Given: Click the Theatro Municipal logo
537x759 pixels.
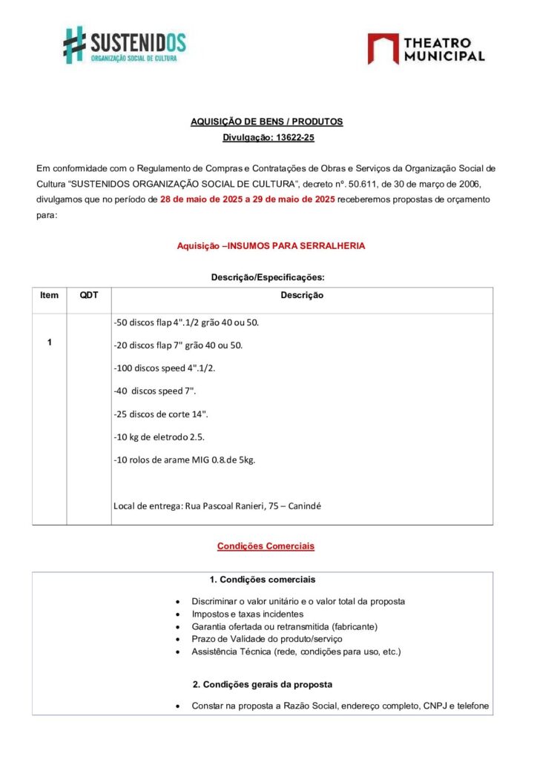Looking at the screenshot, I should pos(426,48).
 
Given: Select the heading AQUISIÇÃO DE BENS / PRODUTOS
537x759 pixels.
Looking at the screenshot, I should pos(266,122).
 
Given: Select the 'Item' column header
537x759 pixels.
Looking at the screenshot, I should pos(49,295).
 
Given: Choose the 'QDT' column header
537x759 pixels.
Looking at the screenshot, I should pos(89,295).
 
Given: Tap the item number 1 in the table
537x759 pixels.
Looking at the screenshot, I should pos(49,342).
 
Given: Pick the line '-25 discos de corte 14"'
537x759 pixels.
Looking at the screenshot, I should pos(161,414).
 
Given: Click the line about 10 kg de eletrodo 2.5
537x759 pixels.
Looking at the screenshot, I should pos(159,437).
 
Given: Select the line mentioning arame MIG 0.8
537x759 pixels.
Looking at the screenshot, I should pos(185,460).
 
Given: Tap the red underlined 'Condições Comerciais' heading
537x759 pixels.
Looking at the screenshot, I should pos(266,546).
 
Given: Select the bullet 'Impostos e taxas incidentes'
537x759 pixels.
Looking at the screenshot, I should pos(247,614).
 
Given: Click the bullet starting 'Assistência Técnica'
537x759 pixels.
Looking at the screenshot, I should pos(296,652).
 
